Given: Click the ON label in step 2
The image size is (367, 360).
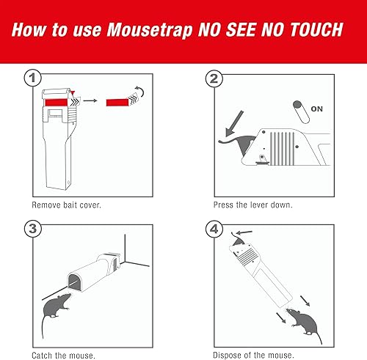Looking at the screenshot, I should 317,108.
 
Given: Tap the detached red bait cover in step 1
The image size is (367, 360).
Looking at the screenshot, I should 119,100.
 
